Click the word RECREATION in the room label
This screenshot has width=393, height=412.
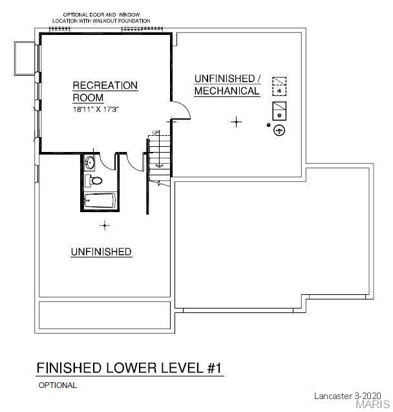click(x=105, y=85)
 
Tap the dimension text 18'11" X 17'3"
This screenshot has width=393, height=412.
click(x=96, y=109)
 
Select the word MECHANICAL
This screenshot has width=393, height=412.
click(x=227, y=91)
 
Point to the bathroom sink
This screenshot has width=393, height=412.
click(x=90, y=162)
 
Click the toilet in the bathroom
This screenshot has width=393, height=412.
click(x=93, y=180)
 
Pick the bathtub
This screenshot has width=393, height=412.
click(x=100, y=201)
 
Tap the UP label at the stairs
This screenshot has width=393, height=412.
click(x=156, y=133)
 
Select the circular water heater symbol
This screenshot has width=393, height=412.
click(x=279, y=130)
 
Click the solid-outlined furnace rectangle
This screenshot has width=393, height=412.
click(x=279, y=111)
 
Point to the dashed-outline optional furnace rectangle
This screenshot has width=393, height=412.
click(x=279, y=86)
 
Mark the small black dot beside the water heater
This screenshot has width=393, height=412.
click(x=268, y=125)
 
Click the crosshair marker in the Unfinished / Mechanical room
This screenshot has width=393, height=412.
click(x=237, y=122)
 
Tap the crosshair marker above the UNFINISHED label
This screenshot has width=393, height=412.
click(x=105, y=226)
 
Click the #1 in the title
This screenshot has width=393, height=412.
click(x=215, y=368)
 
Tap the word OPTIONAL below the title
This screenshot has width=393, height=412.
click(x=58, y=385)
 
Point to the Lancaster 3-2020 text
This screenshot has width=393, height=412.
click(x=347, y=396)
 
